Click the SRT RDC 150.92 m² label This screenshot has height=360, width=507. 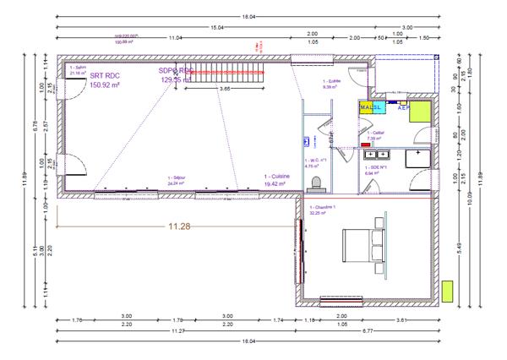pos(107,80)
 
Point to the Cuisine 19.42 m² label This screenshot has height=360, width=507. pos(277,179)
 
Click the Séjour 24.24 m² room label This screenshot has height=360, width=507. pos(176,181)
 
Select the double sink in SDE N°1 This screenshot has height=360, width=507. pos(376,155)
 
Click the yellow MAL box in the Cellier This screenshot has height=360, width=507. pos(367,108)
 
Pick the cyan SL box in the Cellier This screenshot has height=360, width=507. pos(379,108)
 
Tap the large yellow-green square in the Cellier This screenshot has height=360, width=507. pos(422,112)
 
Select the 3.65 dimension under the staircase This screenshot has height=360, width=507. pos(226,88)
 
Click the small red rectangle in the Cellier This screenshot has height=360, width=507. pos(366,145)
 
